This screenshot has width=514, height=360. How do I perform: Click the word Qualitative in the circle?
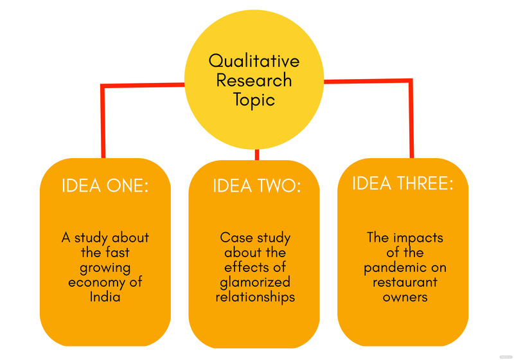coord(254,61)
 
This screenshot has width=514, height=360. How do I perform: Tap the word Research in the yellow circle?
coord(254,81)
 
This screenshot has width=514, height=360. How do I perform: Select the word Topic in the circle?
coord(254,100)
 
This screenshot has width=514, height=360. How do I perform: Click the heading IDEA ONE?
coord(105,186)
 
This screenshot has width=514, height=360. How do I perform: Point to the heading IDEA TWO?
coord(257,186)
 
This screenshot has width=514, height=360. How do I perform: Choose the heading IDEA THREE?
coord(403,183)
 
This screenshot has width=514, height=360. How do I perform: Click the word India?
coord(105,297)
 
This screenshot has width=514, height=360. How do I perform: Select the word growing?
coord(105,267)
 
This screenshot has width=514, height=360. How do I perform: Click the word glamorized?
coord(255,282)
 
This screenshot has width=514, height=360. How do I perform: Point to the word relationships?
coord(255,297)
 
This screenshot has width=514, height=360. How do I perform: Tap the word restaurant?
coord(405,282)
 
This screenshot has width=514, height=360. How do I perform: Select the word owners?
coord(405,297)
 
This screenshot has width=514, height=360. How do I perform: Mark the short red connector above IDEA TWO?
coord(257,154)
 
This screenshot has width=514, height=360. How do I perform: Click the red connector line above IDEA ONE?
coord(103,122)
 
